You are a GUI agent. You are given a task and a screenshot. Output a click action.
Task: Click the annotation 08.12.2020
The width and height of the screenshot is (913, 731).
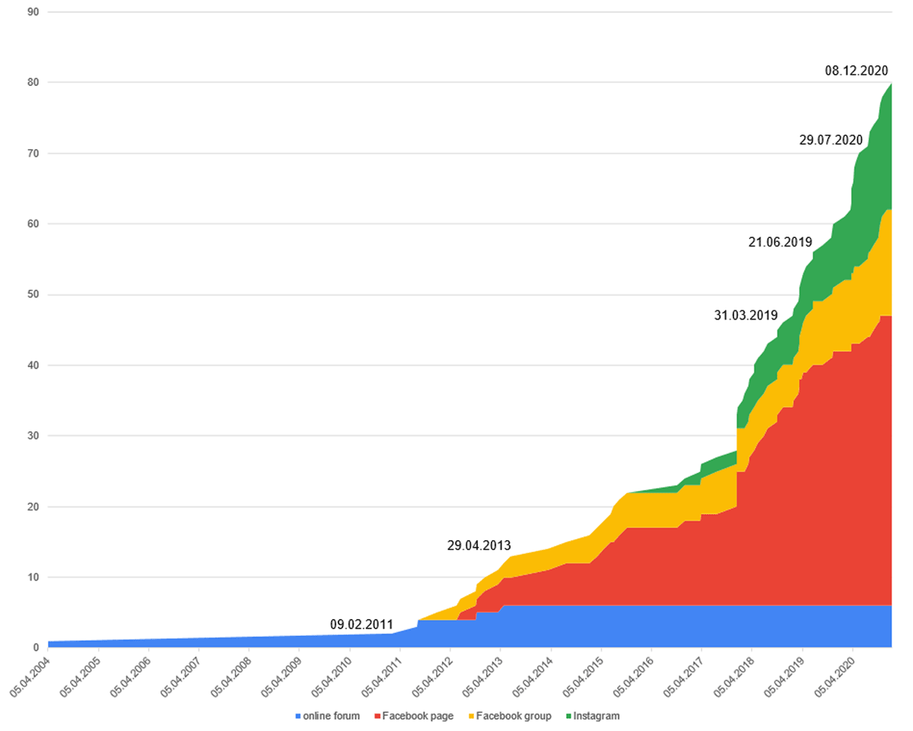pos(856,71)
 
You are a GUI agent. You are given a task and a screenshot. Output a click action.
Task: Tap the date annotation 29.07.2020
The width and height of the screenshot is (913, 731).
pos(830,140)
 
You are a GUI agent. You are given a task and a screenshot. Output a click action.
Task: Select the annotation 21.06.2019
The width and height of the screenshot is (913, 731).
pos(780,242)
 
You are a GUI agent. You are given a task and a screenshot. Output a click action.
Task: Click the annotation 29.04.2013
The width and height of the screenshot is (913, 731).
pos(479,545)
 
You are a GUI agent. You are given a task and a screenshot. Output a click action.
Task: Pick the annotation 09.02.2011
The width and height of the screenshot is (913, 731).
pos(361,625)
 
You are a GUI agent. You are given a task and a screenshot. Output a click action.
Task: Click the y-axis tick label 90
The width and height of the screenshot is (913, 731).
pos(33,12)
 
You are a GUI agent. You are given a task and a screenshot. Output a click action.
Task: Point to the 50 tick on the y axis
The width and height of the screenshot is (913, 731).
pos(33,294)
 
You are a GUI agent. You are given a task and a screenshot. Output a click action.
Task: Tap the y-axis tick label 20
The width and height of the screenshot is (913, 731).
pos(33,507)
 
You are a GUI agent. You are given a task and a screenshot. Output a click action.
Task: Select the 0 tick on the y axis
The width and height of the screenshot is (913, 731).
pos(37,648)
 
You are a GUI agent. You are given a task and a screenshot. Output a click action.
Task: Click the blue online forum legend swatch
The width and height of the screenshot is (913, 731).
pos(297,717)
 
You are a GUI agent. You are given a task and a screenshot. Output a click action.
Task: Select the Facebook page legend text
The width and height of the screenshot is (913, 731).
pos(418,716)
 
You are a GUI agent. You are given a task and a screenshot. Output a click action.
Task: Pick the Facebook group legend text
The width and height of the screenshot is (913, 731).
pos(514,716)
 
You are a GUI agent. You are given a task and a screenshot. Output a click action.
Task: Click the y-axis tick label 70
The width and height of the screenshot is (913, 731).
pos(33,154)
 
